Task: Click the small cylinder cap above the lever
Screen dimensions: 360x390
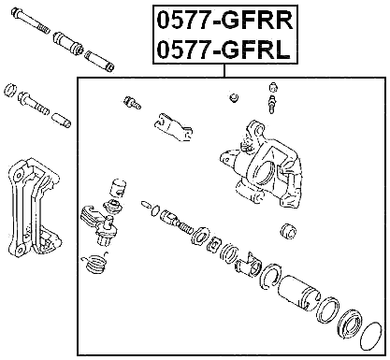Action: point(117,186)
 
